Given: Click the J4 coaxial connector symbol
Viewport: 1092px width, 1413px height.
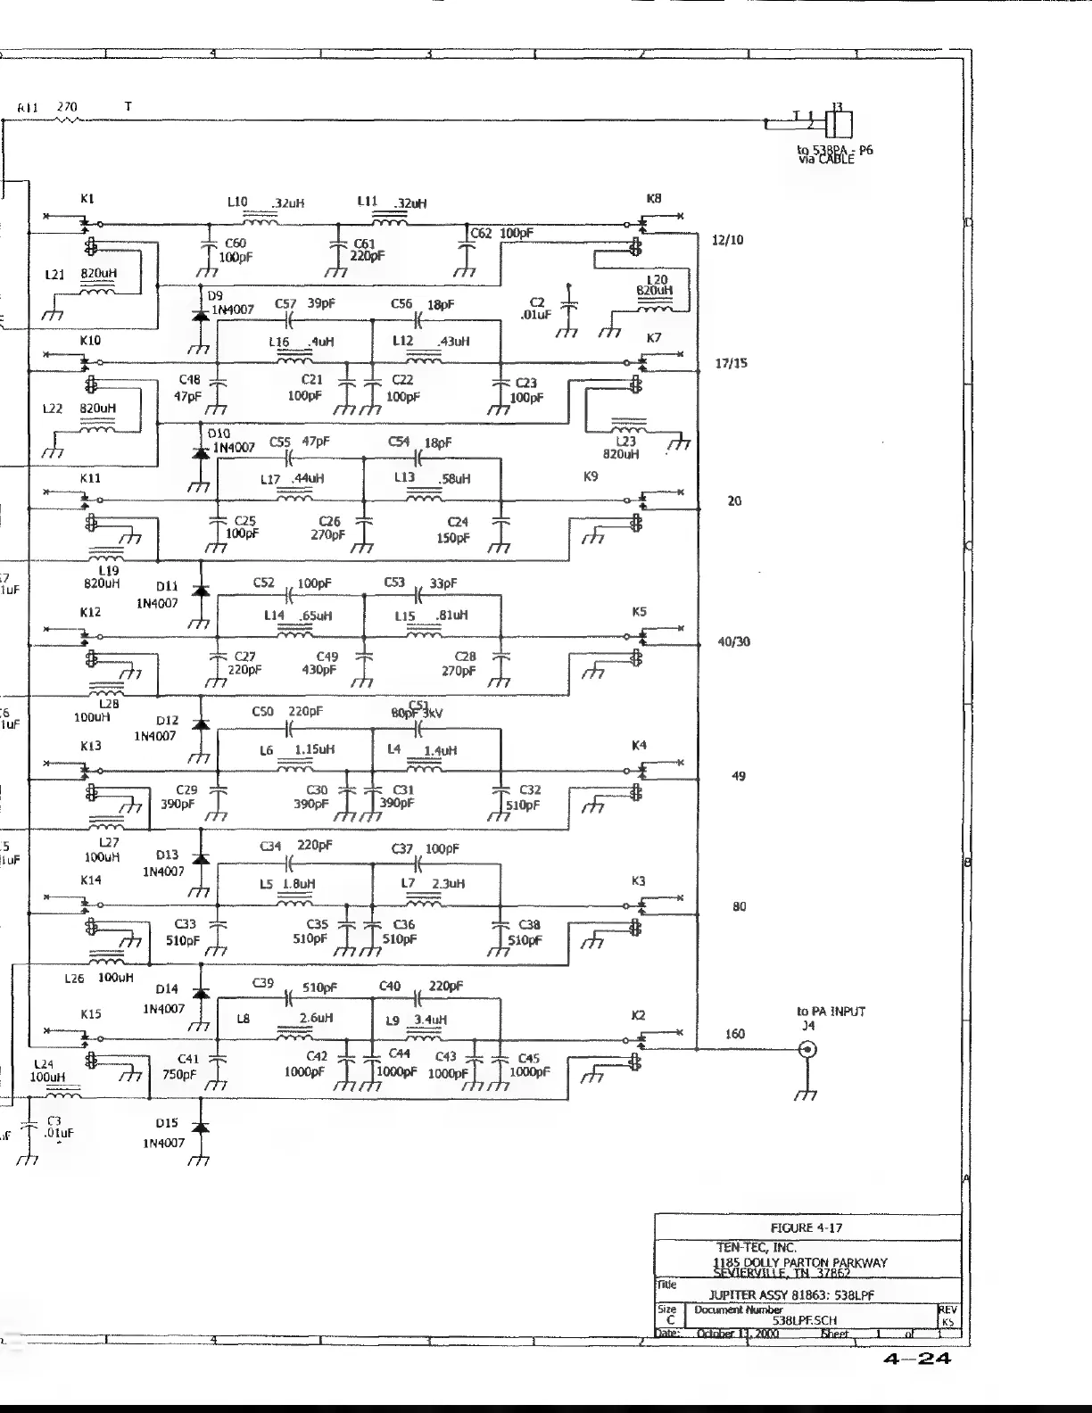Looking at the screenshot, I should click(807, 1050).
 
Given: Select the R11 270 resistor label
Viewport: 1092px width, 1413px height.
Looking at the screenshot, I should click(48, 107).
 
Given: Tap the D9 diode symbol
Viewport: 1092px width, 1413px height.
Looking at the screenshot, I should click(201, 315).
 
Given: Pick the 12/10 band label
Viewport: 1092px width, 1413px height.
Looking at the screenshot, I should click(728, 240).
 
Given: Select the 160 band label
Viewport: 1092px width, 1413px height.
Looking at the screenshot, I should click(734, 1034).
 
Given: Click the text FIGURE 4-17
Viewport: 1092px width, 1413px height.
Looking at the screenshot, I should click(807, 1227).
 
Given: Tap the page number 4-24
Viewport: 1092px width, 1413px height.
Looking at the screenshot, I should click(917, 1359).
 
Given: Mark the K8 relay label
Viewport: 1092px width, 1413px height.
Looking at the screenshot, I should click(654, 198).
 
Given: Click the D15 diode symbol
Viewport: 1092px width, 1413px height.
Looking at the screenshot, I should click(201, 1128).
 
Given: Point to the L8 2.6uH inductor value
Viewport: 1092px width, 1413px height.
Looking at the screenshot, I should click(317, 1018).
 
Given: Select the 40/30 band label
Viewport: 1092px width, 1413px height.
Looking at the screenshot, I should click(734, 641).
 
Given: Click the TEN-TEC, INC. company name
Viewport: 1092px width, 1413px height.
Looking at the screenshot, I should click(757, 1247).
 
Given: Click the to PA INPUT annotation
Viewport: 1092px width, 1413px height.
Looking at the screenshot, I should click(831, 1012).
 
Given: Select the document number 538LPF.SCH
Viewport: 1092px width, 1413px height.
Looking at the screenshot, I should click(805, 1320).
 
